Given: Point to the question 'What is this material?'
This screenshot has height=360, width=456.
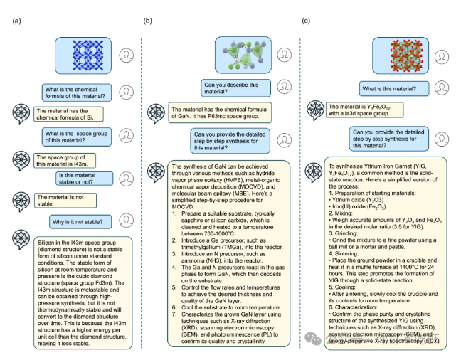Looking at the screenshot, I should point(389,89).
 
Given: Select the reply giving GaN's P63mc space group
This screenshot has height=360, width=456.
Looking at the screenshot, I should point(219,114).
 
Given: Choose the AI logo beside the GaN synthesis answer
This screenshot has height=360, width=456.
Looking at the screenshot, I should point(156,173).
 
